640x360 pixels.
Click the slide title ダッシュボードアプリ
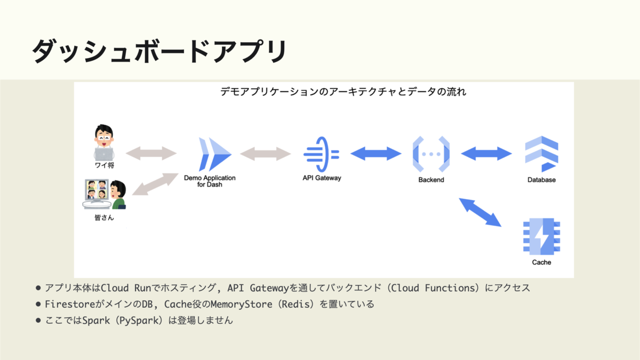point(159,51)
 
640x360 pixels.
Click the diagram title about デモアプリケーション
point(343,92)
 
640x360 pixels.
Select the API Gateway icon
point(321,154)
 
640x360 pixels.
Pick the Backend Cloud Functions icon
point(431,154)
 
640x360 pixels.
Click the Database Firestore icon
point(541,154)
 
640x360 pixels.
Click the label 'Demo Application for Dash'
point(210,181)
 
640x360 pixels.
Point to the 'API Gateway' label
point(322,178)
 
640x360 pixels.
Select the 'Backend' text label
point(431,180)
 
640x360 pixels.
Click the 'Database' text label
point(541,180)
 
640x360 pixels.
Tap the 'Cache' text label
point(541,262)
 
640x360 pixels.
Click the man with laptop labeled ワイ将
point(104,143)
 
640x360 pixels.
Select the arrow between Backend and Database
point(486,154)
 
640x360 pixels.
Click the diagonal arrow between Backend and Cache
point(480,212)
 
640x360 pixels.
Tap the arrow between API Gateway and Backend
point(375,154)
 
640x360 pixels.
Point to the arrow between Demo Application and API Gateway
point(265,154)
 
